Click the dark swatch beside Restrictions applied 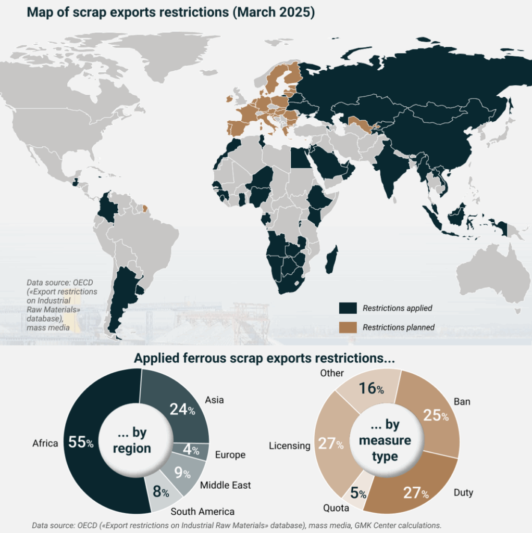(x=348, y=308)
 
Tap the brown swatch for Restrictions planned (x=348, y=327)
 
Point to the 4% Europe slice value (x=191, y=451)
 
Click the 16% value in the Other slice (x=371, y=388)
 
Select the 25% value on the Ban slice (x=436, y=415)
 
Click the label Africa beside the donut (x=45, y=443)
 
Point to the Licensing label (x=290, y=446)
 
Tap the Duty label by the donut (x=463, y=492)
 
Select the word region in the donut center (x=133, y=448)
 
